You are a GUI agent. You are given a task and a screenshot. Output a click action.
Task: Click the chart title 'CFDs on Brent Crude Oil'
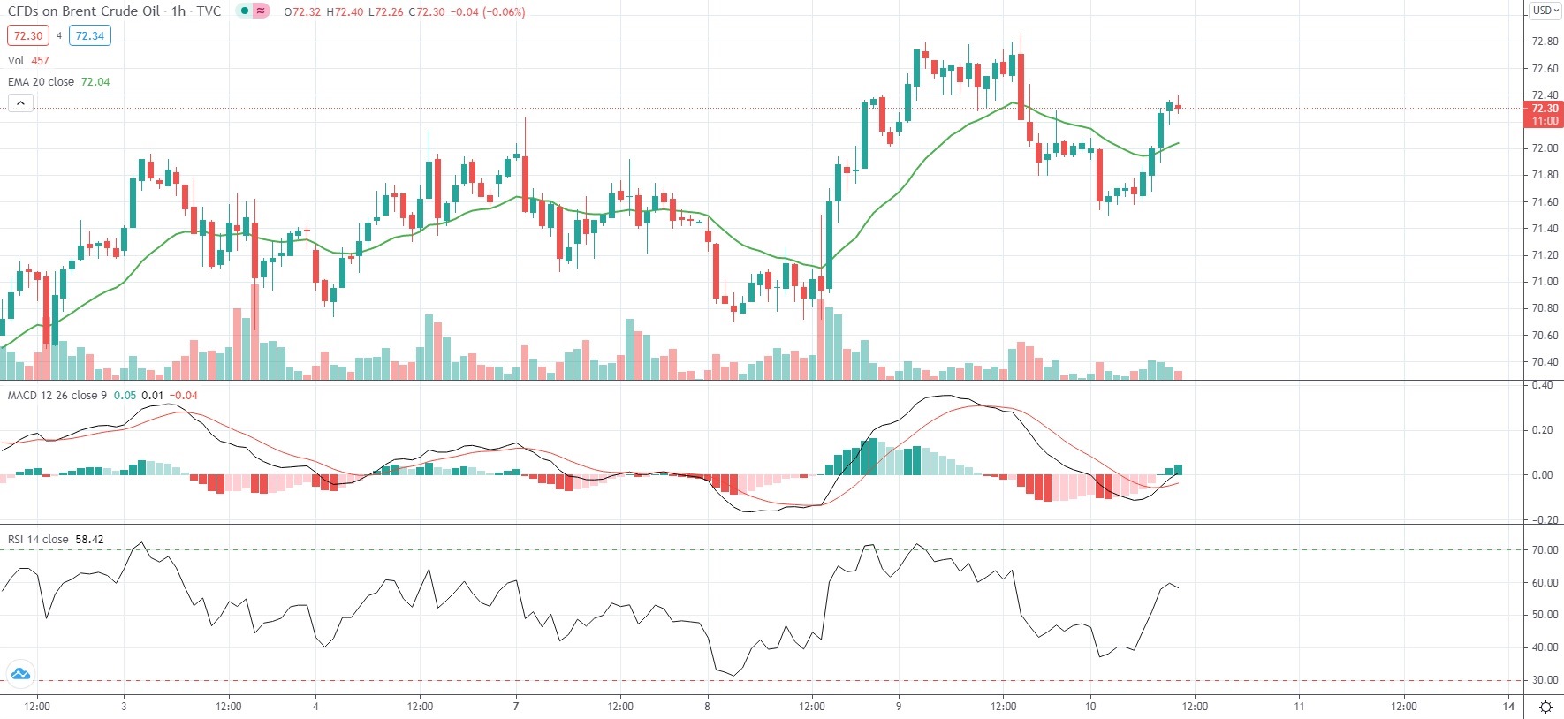coord(84,11)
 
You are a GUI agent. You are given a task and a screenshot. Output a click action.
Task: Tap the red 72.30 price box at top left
coord(28,36)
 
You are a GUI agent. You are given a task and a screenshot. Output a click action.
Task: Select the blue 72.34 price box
coord(90,36)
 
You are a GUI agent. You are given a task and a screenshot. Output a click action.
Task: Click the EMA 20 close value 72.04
coord(95,82)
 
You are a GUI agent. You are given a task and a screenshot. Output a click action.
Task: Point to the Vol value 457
coord(41,61)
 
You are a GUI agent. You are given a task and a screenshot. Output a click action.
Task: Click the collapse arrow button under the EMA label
coord(20,103)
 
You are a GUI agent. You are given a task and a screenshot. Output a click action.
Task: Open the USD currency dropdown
coord(1545,11)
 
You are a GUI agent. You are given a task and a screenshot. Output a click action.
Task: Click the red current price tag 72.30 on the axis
coord(1544,114)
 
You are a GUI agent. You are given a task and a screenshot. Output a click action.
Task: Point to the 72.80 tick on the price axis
coord(1545,42)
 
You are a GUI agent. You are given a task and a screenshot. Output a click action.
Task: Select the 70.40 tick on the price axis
coord(1545,362)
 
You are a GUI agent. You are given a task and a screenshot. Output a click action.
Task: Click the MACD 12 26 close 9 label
coord(57,396)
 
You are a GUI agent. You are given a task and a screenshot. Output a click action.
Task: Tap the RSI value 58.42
coord(89,540)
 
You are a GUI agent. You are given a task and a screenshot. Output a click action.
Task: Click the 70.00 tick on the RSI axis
coord(1545,550)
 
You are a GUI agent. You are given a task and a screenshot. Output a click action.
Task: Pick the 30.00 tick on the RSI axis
coord(1545,681)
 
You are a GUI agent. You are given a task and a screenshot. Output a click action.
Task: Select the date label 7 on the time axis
coord(516,707)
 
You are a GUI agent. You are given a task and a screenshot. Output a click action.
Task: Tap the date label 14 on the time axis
coord(1508,707)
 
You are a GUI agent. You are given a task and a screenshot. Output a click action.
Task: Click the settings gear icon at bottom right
coord(1545,707)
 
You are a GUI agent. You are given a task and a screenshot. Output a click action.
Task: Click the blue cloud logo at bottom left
coord(20,675)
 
